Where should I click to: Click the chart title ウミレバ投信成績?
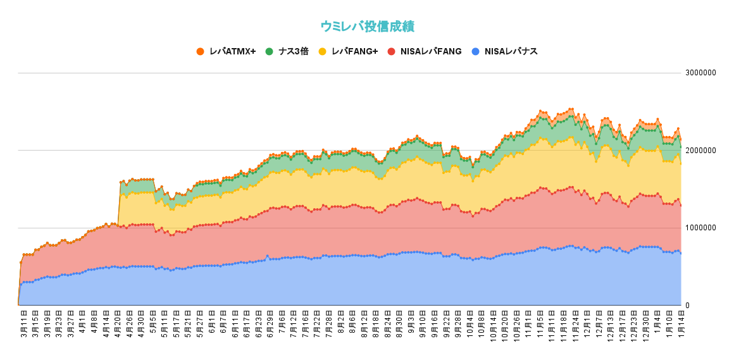pyautogui.click(x=367, y=27)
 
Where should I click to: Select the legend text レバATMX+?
pyautogui.click(x=232, y=51)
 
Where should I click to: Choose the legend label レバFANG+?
pyautogui.click(x=354, y=51)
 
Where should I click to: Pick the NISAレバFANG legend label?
pyautogui.click(x=430, y=51)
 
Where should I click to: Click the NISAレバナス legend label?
pyautogui.click(x=511, y=51)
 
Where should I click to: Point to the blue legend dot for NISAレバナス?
pyautogui.click(x=476, y=51)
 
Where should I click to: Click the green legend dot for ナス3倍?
pyautogui.click(x=270, y=51)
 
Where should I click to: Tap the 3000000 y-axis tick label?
pyautogui.click(x=700, y=73)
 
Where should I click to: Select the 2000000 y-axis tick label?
pyautogui.click(x=700, y=151)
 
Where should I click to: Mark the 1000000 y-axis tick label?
pyautogui.click(x=700, y=228)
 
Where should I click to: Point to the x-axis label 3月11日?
pyautogui.click(x=23, y=324)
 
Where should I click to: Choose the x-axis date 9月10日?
pyautogui.click(x=421, y=324)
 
